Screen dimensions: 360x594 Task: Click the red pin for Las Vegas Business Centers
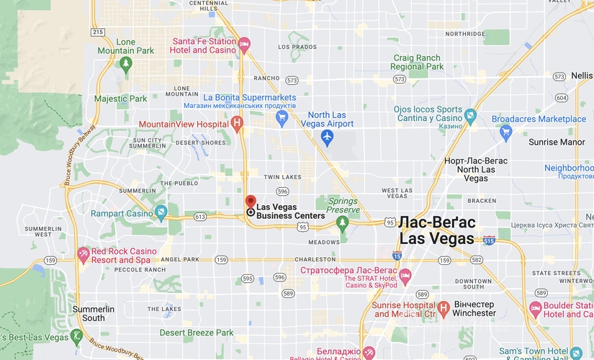click(x=250, y=202)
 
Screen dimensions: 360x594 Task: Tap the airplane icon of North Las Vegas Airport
click(x=328, y=136)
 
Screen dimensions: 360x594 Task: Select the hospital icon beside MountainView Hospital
click(x=236, y=124)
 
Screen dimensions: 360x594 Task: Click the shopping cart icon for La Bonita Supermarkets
click(x=282, y=117)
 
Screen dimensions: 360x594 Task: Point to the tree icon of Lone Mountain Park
click(x=126, y=65)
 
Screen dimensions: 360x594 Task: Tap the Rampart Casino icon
click(x=161, y=212)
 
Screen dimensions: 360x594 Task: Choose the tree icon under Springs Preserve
click(x=343, y=221)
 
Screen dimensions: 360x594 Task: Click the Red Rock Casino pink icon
click(x=84, y=255)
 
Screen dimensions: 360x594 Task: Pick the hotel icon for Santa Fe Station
click(x=245, y=45)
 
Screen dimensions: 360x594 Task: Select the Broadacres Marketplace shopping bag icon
click(x=506, y=131)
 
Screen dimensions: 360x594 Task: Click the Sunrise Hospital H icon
click(x=444, y=309)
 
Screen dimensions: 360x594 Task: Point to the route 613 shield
click(x=199, y=216)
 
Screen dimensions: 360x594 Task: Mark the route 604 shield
click(x=562, y=98)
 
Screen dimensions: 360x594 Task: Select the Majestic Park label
click(x=120, y=99)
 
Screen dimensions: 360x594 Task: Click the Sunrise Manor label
click(x=557, y=142)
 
